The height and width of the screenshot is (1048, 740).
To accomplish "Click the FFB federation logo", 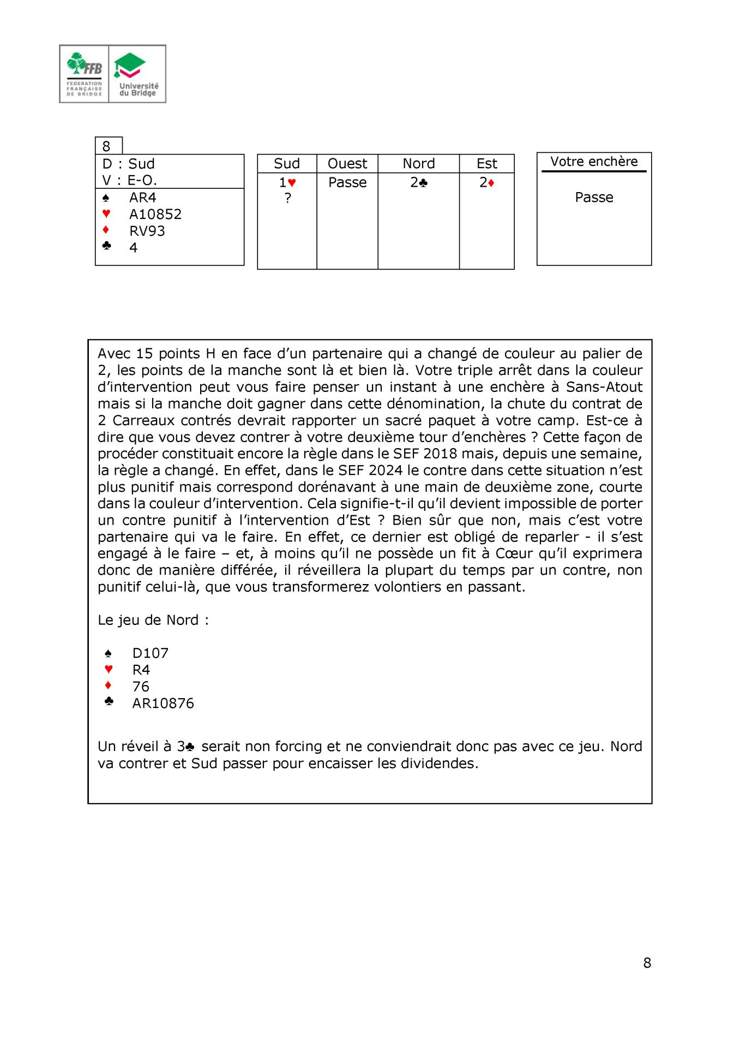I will [85, 74].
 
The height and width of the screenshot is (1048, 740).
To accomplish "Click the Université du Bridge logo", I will [138, 74].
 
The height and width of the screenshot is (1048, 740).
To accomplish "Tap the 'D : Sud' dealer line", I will [129, 164].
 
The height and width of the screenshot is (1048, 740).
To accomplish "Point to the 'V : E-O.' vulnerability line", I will [130, 180].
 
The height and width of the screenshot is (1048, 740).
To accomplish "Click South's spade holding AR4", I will [142, 198].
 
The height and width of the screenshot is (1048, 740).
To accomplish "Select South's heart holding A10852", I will [155, 214].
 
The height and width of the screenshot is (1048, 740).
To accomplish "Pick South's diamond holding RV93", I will [147, 231].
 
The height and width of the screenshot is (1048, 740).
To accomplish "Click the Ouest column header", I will [347, 164].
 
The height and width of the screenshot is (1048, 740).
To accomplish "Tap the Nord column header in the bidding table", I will [418, 164].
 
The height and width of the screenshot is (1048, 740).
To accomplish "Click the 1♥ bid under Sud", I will [287, 182].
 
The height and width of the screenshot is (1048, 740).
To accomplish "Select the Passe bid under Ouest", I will [347, 182].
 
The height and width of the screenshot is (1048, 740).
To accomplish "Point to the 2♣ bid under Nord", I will [418, 182].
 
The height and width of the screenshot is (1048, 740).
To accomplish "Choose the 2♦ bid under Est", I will [486, 182].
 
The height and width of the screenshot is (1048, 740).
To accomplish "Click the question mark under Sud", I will [287, 198].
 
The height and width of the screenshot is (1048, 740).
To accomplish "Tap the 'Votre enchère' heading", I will [594, 162].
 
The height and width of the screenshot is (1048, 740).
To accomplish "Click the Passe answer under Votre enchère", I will [594, 197].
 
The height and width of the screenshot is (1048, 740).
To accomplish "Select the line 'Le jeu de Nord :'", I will [153, 620].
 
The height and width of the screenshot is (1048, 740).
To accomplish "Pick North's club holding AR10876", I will [163, 703].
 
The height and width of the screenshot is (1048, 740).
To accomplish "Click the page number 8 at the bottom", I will [647, 963].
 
